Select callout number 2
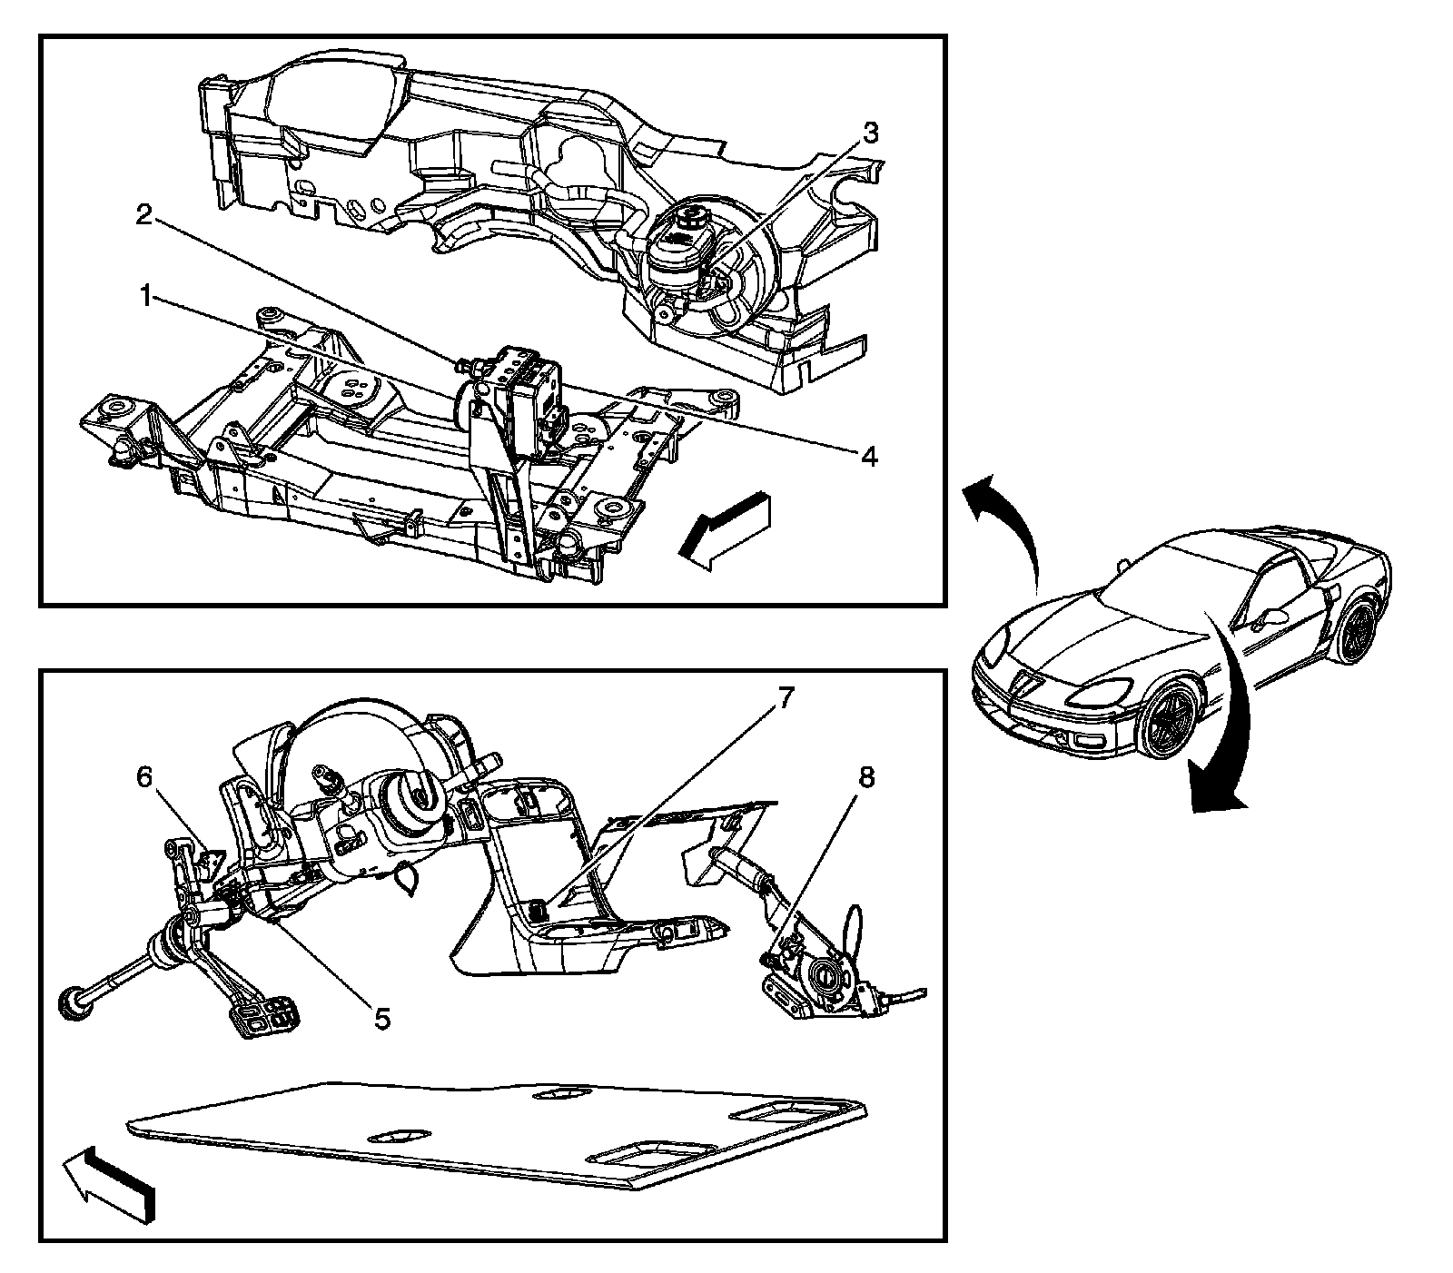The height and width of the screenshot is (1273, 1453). coord(143,215)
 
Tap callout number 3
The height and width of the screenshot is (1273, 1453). coord(869,133)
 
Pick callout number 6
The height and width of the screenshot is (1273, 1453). coord(145,777)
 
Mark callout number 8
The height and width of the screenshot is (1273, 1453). coord(867,778)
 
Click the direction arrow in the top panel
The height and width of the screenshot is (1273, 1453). coord(725,533)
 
